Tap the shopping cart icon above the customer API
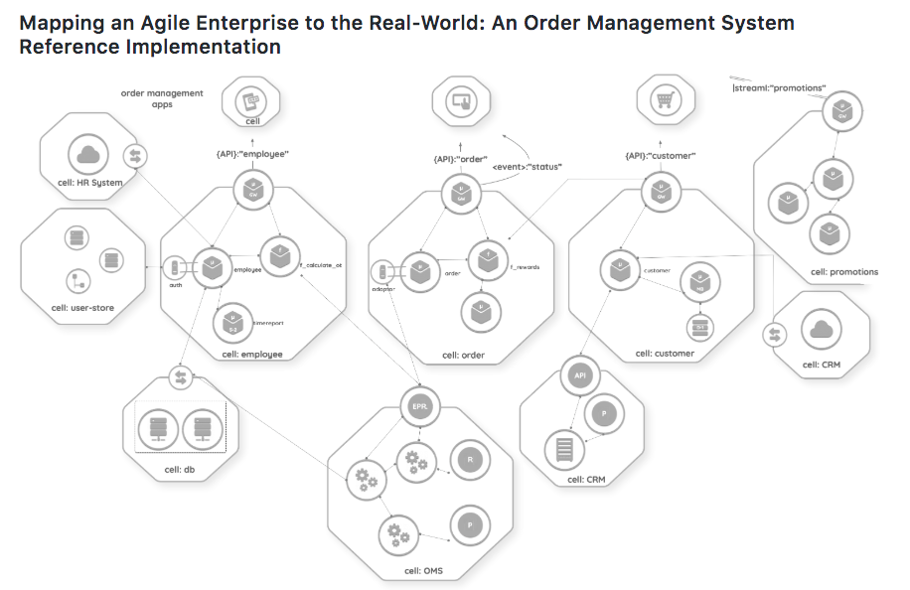(664, 101)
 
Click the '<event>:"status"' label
(529, 167)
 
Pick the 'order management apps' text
(162, 98)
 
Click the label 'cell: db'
(178, 470)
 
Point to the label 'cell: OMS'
(425, 569)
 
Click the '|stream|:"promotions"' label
(779, 87)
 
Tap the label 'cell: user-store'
(82, 308)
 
